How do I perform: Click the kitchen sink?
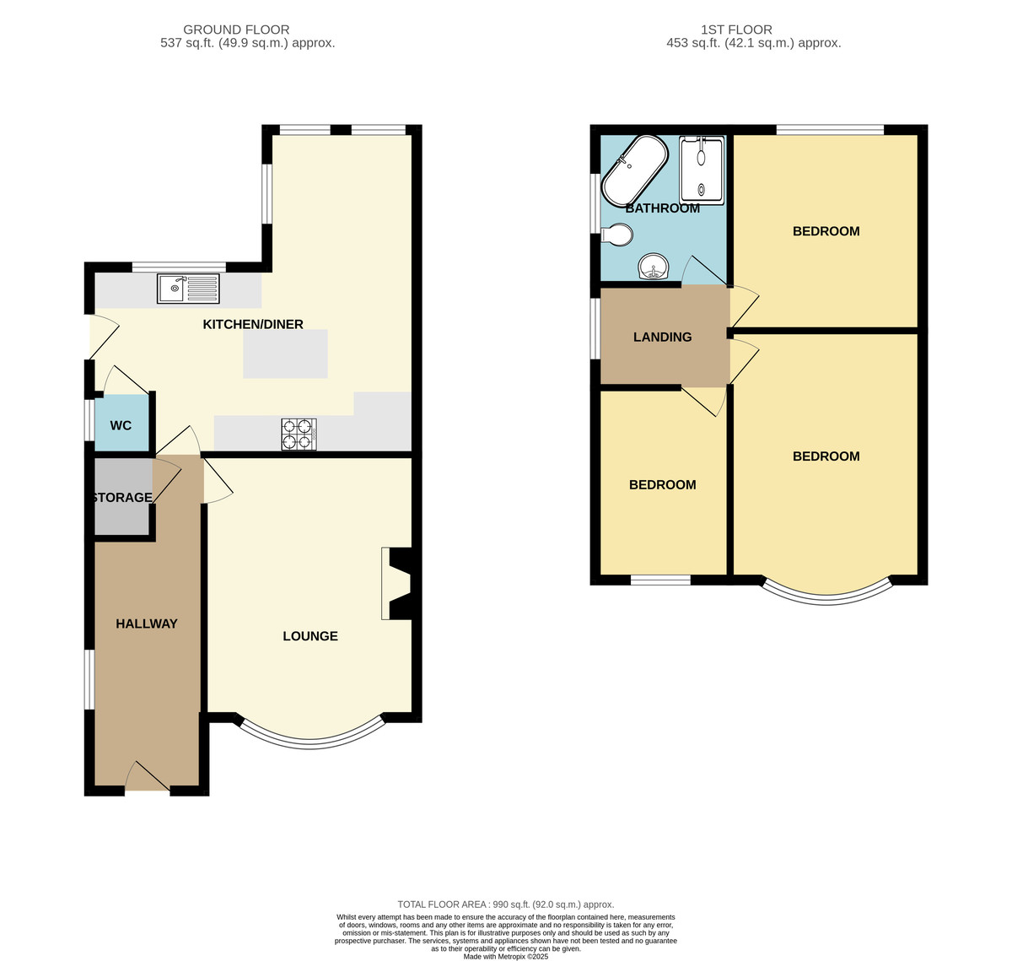tap(188, 289)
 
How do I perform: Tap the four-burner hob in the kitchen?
tap(299, 434)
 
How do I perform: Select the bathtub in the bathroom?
tap(635, 171)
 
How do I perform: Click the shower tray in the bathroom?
tap(702, 170)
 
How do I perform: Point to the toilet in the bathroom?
tap(617, 235)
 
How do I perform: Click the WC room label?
tap(121, 425)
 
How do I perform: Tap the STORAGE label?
tap(122, 498)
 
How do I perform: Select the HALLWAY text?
tap(147, 624)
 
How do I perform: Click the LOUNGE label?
tap(310, 636)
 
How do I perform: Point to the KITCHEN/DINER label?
tap(253, 324)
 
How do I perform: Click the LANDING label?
tap(663, 337)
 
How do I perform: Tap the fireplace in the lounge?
tap(400, 583)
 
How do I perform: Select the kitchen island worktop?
tap(285, 354)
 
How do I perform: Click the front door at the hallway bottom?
tap(148, 776)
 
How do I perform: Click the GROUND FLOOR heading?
tap(236, 30)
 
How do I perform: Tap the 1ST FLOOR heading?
tap(736, 30)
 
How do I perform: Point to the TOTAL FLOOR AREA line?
tap(506, 904)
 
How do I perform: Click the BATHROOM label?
tap(663, 208)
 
